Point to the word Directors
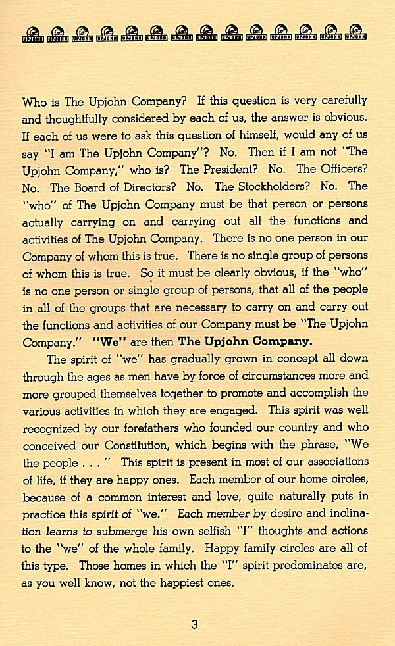147,187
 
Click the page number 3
194,624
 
